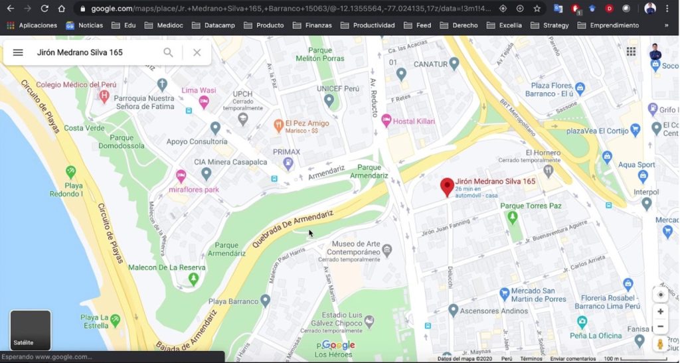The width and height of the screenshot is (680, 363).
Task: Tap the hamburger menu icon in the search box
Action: [18, 52]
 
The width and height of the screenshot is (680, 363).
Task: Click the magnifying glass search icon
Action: [168, 52]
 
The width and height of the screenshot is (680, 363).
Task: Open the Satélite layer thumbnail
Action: [31, 330]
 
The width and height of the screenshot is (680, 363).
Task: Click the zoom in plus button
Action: [660, 311]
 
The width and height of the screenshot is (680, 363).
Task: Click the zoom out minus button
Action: [660, 327]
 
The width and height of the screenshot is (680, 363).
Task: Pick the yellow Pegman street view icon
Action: [660, 344]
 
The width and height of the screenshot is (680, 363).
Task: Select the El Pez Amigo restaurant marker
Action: [279, 123]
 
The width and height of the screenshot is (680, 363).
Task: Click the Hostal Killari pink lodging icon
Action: [386, 119]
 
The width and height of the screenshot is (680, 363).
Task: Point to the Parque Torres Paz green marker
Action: [511, 217]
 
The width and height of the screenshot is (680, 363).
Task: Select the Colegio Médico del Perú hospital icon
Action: [104, 96]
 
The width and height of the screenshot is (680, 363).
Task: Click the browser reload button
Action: [44, 9]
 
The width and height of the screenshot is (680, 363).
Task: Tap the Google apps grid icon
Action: [631, 52]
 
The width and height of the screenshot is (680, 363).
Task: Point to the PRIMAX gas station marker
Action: [288, 163]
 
